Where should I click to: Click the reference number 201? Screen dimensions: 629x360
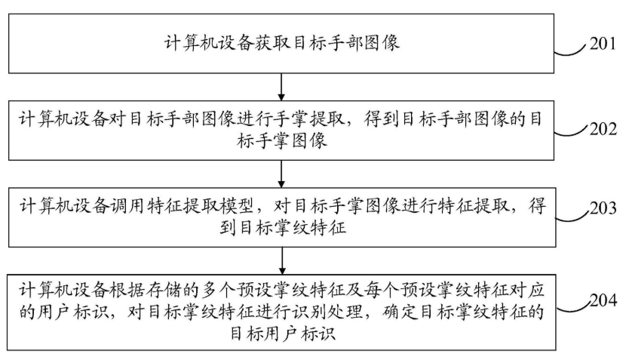[603, 43]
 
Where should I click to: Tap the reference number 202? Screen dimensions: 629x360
[603, 129]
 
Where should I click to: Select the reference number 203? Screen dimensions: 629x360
[603, 208]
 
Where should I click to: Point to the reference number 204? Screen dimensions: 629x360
[603, 300]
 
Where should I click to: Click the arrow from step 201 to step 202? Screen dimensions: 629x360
[281, 87]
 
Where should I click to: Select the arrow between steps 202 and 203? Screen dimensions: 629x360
[281, 174]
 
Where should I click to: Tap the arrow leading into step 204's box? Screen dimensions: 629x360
[282, 261]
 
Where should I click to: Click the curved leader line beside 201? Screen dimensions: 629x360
[571, 51]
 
